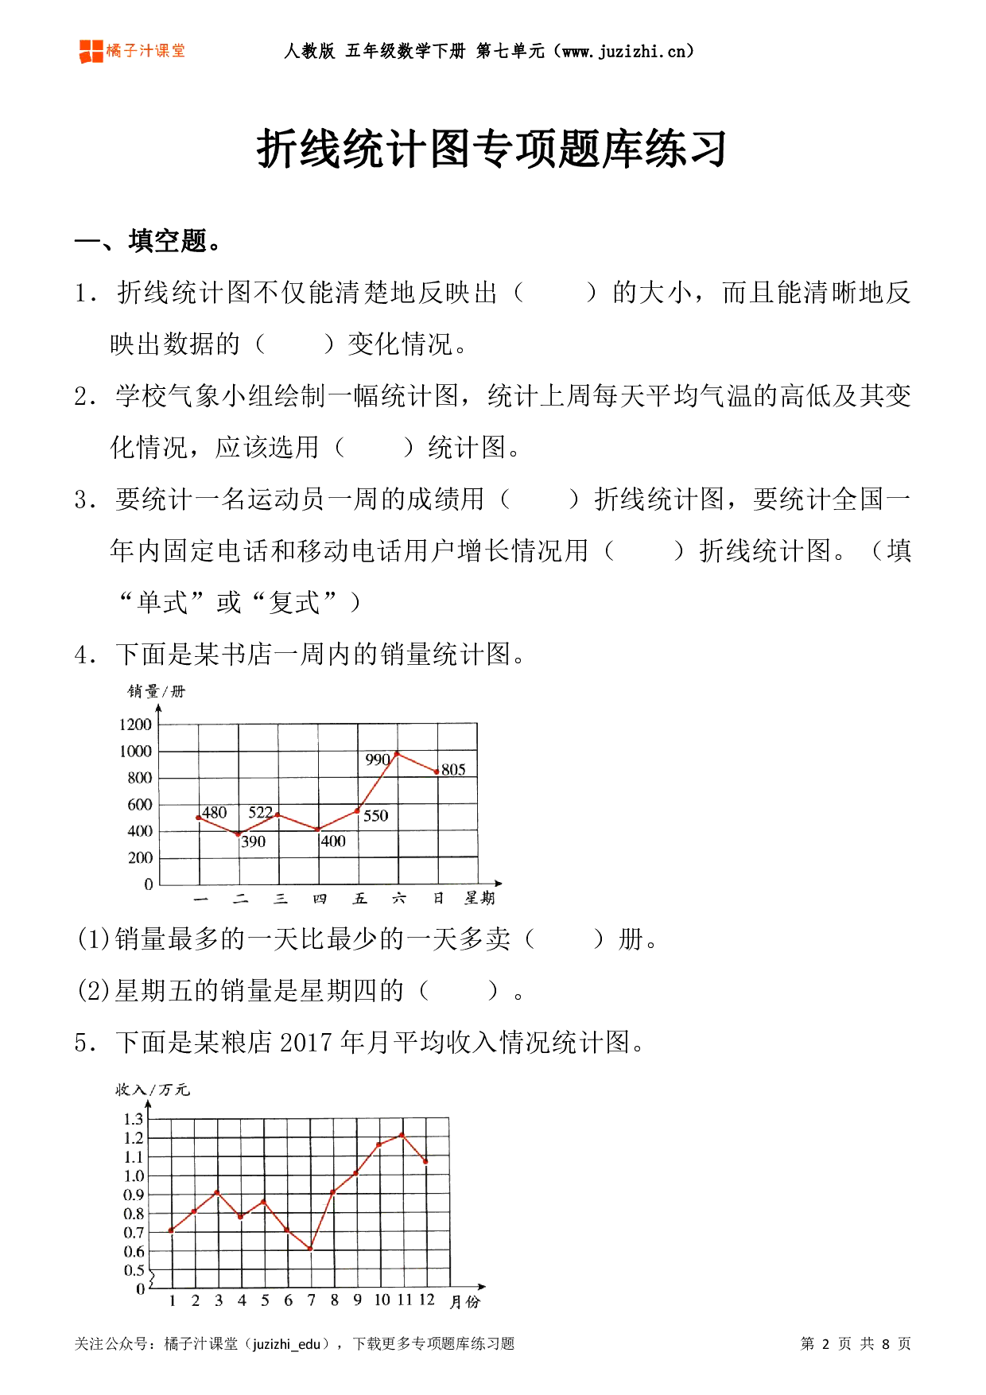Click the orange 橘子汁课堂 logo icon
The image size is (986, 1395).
tap(91, 51)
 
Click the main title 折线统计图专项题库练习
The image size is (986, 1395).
tap(491, 149)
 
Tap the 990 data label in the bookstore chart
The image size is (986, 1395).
tap(377, 760)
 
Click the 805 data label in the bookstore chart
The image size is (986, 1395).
tap(453, 769)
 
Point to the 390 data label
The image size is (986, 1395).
tap(253, 841)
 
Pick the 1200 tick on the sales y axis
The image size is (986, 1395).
tap(135, 724)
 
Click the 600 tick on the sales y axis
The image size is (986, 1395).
tap(139, 804)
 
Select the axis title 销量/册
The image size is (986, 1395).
tap(156, 691)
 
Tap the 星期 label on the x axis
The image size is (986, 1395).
tap(479, 898)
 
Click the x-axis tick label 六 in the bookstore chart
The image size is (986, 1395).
tap(398, 898)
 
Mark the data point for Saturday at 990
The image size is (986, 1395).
tap(397, 753)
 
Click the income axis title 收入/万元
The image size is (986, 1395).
tap(152, 1089)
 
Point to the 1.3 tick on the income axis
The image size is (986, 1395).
tap(134, 1119)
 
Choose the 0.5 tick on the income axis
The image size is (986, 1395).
tap(134, 1270)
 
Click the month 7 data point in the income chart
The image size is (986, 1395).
tap(310, 1249)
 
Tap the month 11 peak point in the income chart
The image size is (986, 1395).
tap(402, 1135)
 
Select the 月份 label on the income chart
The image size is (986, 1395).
tap(464, 1302)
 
